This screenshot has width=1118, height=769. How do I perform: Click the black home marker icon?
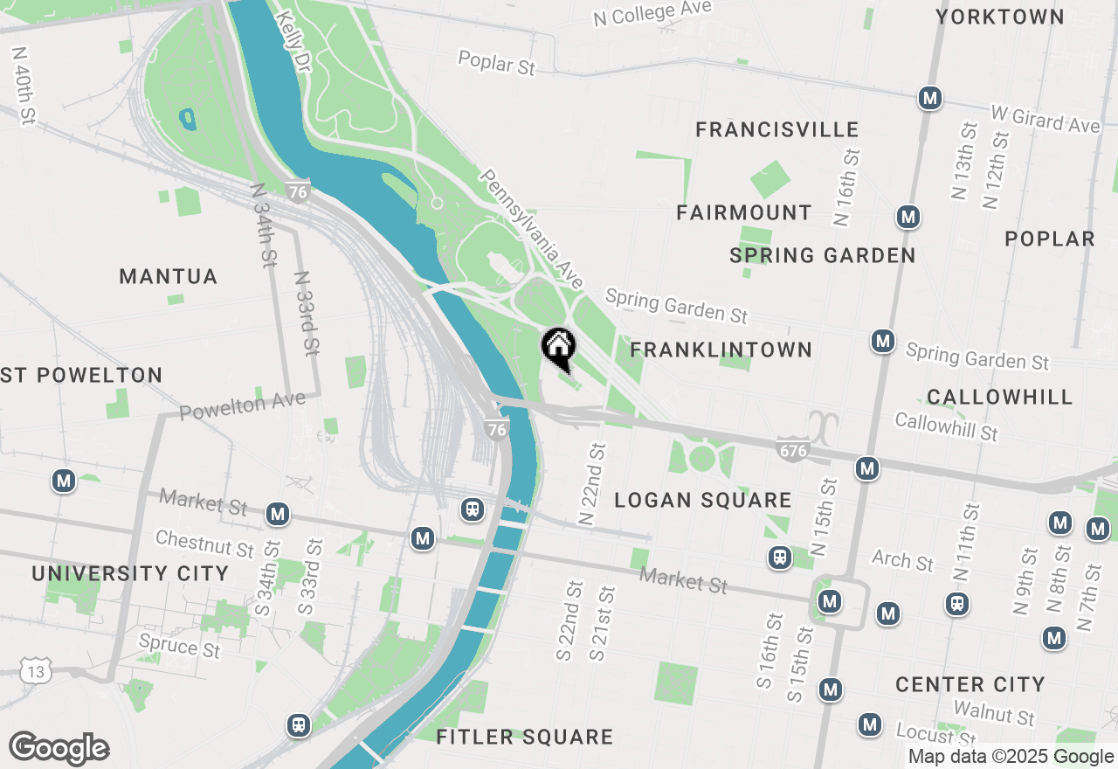(558, 347)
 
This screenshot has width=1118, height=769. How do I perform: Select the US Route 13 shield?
(38, 671)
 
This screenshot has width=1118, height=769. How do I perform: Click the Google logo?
(59, 749)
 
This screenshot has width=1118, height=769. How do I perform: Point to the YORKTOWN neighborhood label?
(1000, 17)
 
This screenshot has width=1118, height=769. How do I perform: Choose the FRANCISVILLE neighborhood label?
(776, 130)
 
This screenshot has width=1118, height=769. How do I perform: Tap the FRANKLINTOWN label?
(721, 350)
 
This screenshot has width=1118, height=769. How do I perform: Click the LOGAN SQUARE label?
(702, 500)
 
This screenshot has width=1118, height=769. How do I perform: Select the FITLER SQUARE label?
(524, 737)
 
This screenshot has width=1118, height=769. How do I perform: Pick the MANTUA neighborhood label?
(168, 277)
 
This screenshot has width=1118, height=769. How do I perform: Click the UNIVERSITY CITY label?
(130, 573)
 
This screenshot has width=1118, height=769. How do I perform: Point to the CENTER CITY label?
(970, 684)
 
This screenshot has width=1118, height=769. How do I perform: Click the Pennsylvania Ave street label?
(531, 229)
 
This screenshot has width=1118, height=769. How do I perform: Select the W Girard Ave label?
(1045, 120)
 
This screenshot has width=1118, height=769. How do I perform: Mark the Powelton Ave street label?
(243, 405)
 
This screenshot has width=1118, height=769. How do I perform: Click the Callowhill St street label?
(946, 426)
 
